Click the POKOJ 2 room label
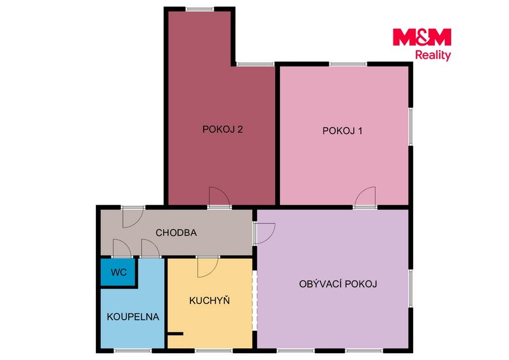[222, 129]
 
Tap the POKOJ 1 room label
[342, 130]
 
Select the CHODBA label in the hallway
[176, 233]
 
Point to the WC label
[118, 272]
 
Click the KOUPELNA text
[133, 317]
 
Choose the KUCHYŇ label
[209, 300]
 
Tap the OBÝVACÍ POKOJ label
[338, 284]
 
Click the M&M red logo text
[422, 37]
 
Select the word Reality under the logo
[433, 55]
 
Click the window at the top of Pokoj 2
[200, 9]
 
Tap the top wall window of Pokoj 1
[348, 64]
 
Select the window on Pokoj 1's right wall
[410, 126]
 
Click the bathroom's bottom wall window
[133, 350]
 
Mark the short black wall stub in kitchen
[175, 333]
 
